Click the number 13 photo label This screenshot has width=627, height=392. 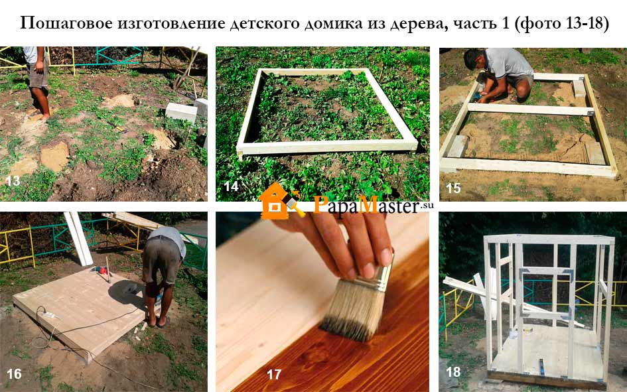coord(13,180)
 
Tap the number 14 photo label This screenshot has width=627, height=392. coord(231,186)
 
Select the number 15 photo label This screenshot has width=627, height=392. coord(453,188)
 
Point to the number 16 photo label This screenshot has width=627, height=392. coord(14,373)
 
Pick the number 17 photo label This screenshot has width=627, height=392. coord(274,374)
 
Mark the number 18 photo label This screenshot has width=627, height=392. coord(453,371)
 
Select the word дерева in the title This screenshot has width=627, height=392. coord(419,24)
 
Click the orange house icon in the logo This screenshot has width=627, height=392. coord(275,202)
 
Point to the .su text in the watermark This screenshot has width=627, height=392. coord(427,205)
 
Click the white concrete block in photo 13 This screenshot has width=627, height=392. coord(181,112)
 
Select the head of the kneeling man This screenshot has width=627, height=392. coord(474,59)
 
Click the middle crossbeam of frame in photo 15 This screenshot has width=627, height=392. coord(530,109)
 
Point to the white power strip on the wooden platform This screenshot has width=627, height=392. coord(48,315)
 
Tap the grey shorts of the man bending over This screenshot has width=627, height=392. coord(161,260)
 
